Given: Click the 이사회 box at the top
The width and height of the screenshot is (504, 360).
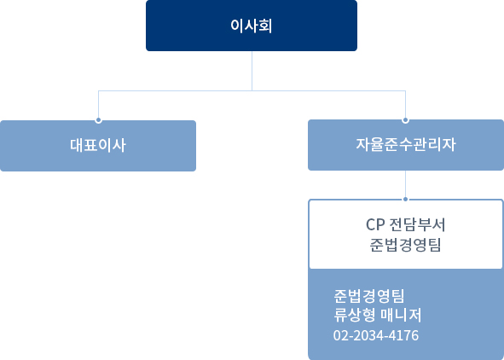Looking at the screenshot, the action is pos(252,26).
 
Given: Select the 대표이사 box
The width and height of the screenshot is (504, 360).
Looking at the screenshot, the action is pos(98,146).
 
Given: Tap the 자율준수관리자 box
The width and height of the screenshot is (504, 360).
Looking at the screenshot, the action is pos(406,145).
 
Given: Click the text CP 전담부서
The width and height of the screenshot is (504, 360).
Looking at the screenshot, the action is pos(405,224).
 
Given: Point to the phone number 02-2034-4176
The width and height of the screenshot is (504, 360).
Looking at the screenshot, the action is pos(376,335).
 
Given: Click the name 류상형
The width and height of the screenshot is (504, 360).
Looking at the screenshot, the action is pos(355,315).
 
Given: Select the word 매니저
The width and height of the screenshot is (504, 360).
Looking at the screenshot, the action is pos(401,315).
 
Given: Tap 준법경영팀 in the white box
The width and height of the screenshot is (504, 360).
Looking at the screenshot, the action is pos(405,245).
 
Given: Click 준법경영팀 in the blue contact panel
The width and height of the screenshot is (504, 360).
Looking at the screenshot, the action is pos(369,296).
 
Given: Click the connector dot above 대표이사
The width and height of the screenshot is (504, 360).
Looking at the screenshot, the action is pos(98,120).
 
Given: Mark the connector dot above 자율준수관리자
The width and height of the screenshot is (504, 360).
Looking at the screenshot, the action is pos(405,120).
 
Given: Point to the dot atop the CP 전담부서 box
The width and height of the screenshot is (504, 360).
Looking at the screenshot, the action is pos(405,200).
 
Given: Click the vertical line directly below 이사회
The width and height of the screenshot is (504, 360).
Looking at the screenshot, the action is pos(252,71).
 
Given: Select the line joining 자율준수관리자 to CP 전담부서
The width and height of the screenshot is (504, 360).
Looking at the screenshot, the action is pos(405,184).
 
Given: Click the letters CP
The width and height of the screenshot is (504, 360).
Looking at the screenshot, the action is pos(375,224).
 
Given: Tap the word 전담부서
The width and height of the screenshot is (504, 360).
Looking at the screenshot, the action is pos(417,224).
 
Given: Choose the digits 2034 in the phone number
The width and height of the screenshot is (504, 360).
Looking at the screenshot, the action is pos(368,335).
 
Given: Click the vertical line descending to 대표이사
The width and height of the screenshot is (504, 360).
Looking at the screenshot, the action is pos(98,104).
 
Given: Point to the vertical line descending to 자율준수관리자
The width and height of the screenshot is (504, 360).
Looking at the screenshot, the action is pos(405,104).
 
